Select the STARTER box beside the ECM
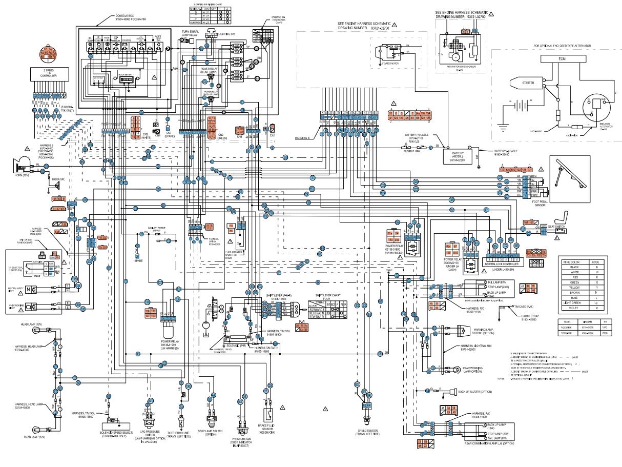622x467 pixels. coord(528,82)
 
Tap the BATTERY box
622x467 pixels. coord(457,156)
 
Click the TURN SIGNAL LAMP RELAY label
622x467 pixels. coord(190,34)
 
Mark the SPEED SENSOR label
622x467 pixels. coord(367,431)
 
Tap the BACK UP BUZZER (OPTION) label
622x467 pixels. coord(475,392)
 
